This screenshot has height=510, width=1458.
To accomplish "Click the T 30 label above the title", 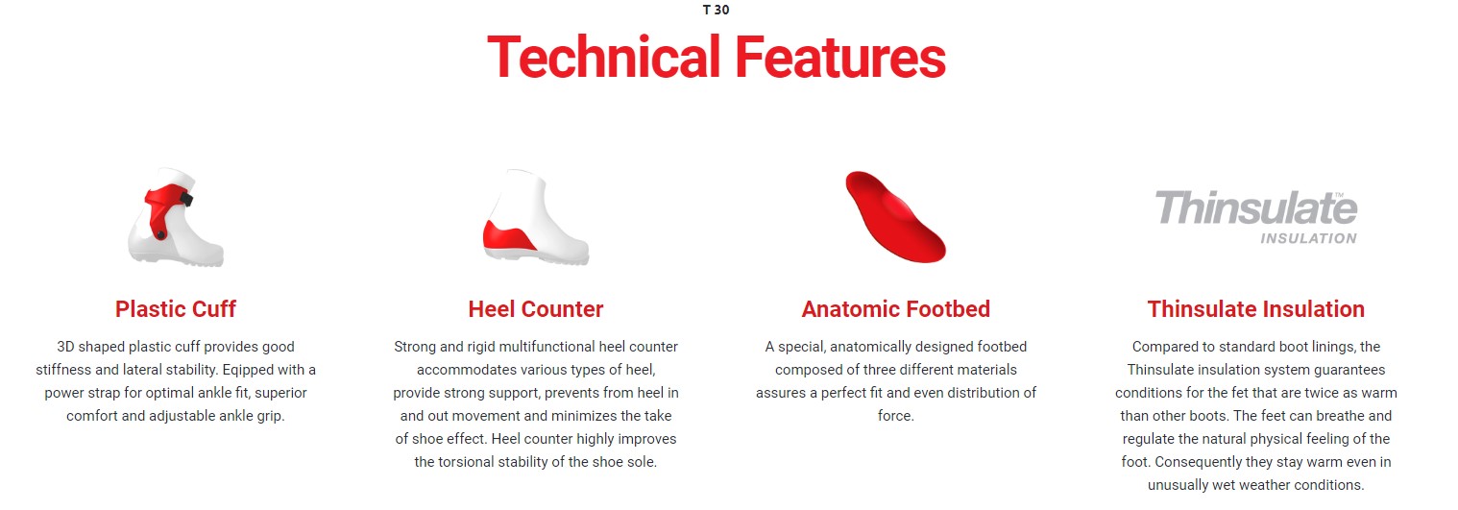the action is coord(716,10).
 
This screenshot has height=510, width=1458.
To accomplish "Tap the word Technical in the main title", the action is coord(603,58).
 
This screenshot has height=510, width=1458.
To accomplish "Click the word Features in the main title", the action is coord(840,58).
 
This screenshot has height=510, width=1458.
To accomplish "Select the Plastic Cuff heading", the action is coord(176,309).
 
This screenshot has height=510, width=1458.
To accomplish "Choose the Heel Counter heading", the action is coord(536,309).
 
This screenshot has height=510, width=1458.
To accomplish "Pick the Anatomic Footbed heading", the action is coord(895,309).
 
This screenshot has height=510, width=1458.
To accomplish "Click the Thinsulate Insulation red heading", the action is coord(1255,309).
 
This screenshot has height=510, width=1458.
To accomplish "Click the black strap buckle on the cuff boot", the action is coord(186,199).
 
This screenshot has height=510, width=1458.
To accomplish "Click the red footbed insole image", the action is coord(895,217).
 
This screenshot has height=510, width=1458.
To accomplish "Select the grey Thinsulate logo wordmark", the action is coord(1256,208).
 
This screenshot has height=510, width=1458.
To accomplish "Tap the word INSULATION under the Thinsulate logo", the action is coord(1308,239).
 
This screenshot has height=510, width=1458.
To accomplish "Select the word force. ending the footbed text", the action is coord(895,416).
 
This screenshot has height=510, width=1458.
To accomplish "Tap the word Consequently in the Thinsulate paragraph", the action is coord(1197,462).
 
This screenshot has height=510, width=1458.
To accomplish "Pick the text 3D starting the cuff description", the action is coord(65,347).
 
